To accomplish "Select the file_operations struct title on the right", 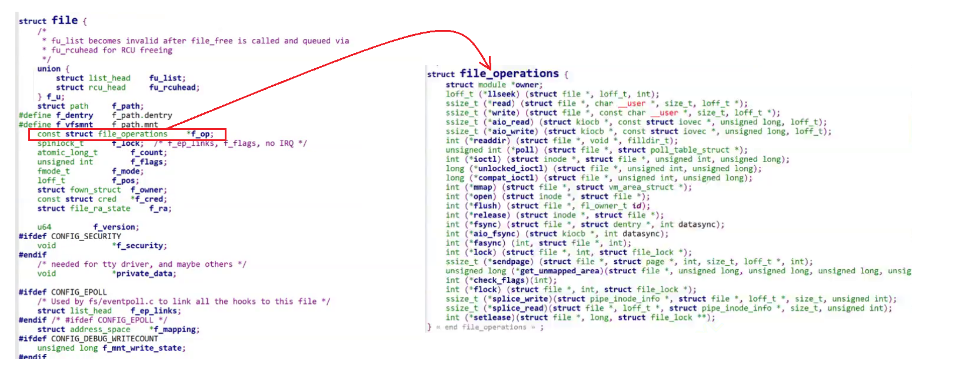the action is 509,73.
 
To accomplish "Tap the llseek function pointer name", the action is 501,94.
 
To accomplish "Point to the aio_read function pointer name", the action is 511,122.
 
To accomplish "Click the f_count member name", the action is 148,153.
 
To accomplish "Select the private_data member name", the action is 145,274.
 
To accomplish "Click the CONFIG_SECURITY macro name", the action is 86,236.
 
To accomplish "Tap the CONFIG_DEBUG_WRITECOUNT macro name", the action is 105,339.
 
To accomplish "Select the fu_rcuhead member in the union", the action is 173,88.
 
